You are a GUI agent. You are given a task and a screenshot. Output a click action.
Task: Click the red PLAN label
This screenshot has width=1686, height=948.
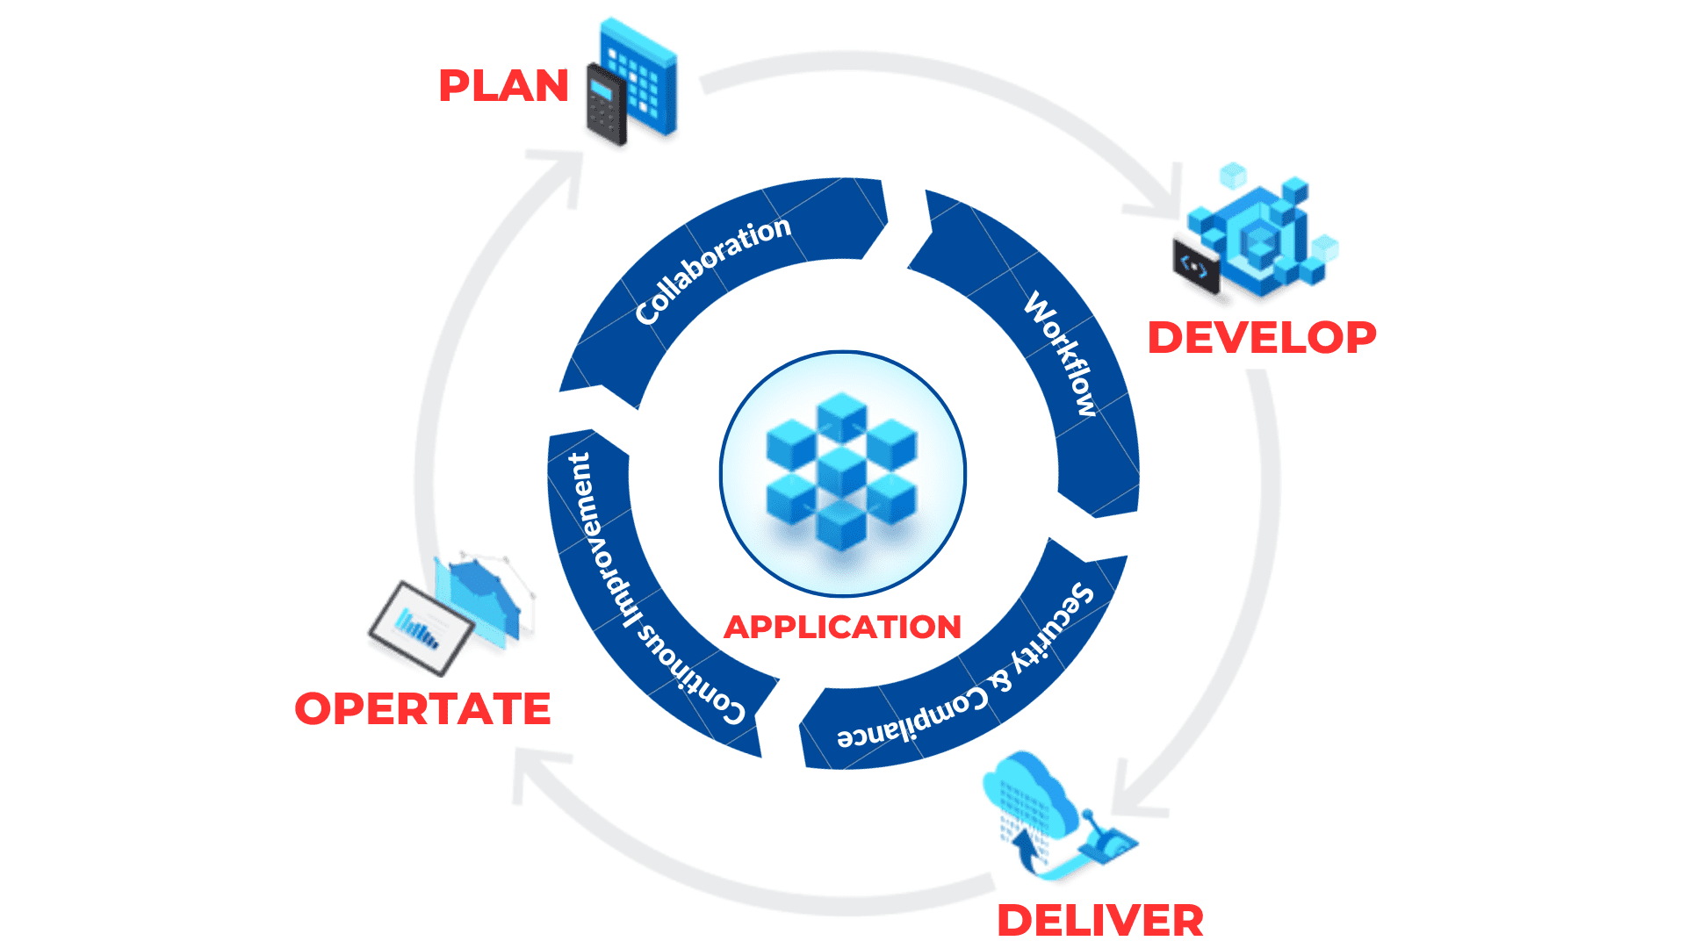click(x=503, y=86)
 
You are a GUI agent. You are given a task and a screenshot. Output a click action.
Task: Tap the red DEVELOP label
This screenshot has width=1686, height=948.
click(x=1262, y=338)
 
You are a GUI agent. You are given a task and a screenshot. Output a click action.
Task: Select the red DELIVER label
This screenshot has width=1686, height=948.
click(x=1100, y=921)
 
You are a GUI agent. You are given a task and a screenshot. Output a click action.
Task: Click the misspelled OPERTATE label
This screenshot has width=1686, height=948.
click(x=422, y=709)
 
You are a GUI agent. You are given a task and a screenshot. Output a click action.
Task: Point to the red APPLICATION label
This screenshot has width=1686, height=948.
click(x=842, y=627)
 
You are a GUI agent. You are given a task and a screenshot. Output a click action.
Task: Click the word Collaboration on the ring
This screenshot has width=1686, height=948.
click(x=712, y=268)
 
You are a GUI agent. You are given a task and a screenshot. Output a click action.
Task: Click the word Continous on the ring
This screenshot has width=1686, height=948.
click(x=693, y=676)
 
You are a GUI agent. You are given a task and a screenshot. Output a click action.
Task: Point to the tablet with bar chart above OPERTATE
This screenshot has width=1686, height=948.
click(x=421, y=627)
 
